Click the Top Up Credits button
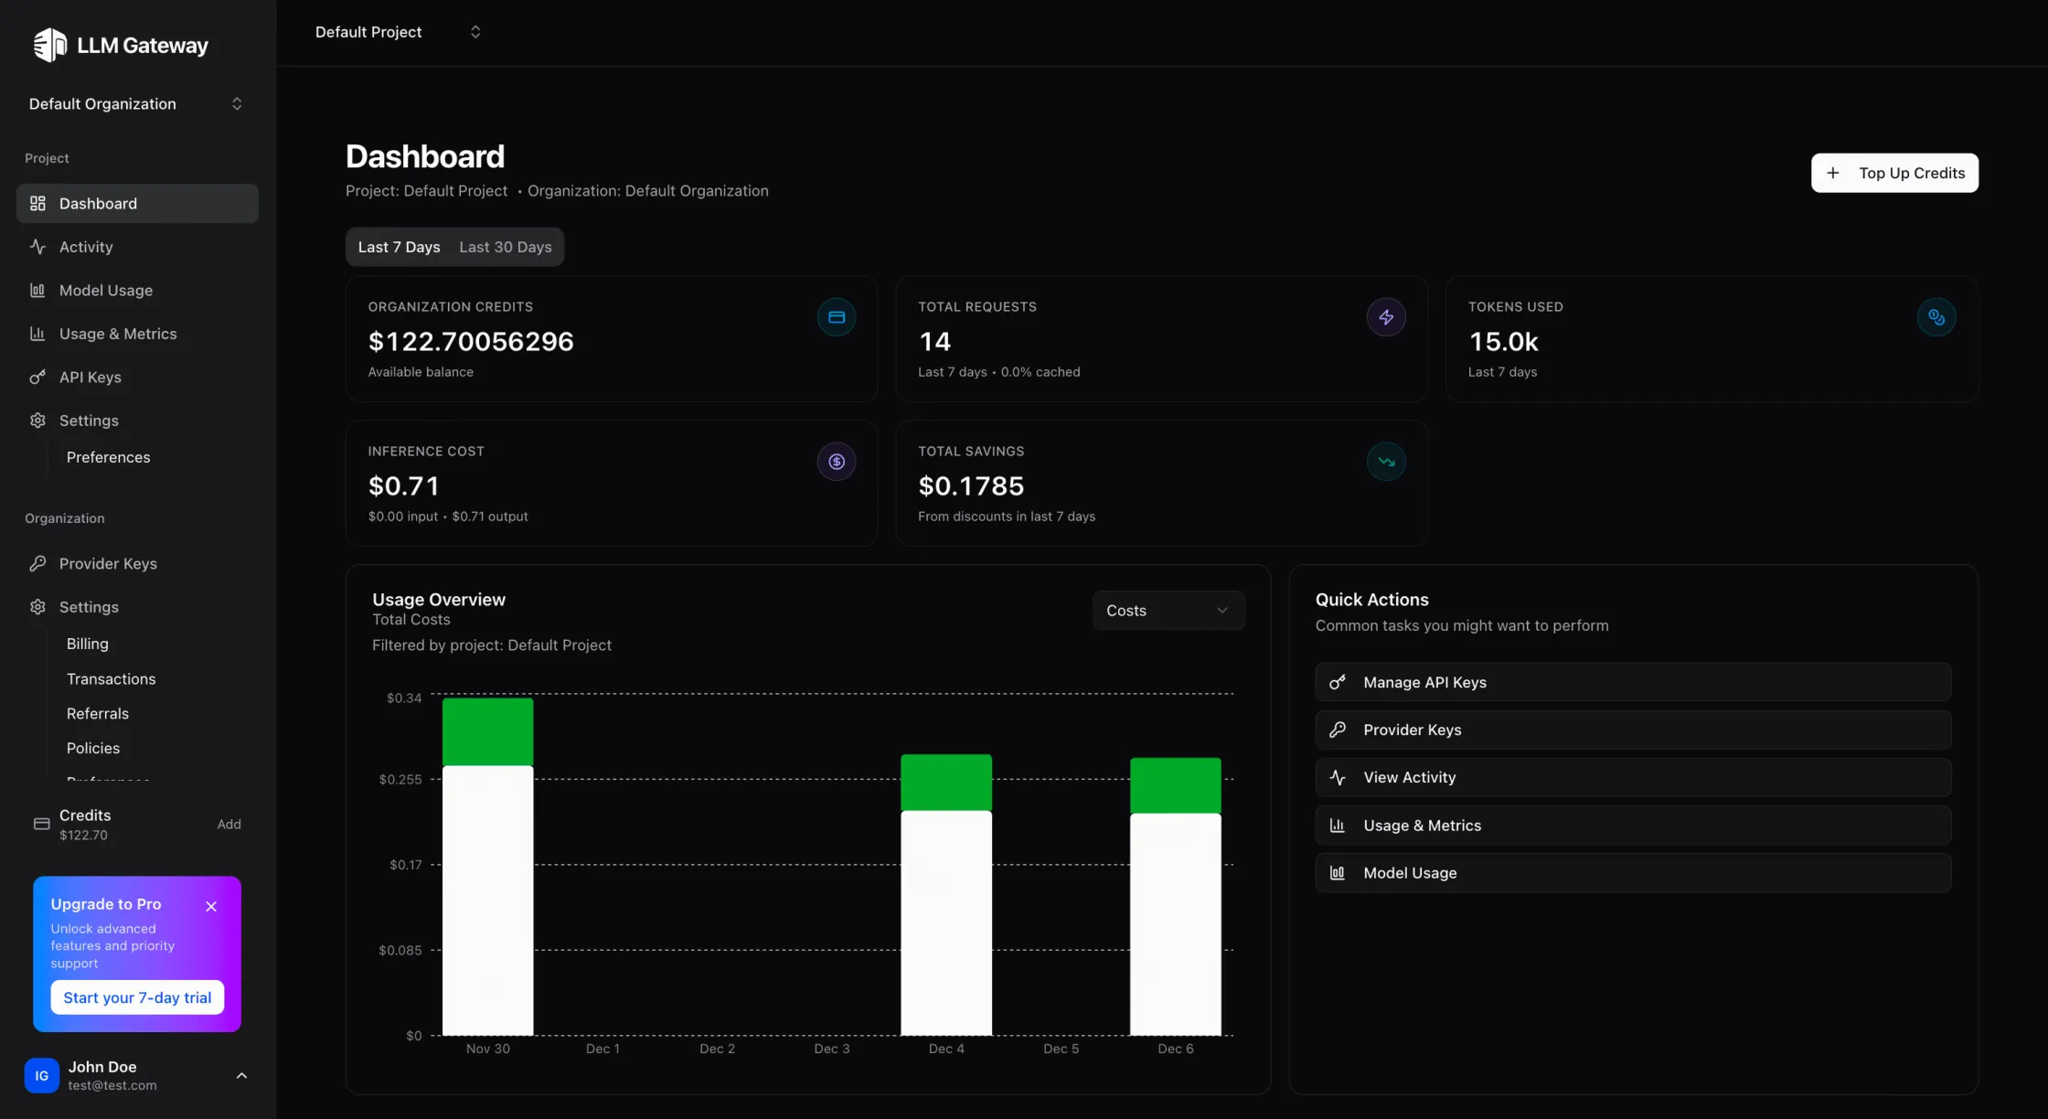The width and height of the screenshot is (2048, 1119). pos(1894,173)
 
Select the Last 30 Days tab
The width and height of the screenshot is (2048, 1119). pos(505,247)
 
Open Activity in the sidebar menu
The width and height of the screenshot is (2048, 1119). pos(86,247)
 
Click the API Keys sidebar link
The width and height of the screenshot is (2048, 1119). pos(90,377)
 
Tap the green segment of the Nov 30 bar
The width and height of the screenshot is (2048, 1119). pos(487,731)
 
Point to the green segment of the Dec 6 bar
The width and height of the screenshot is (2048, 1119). pos(1175,785)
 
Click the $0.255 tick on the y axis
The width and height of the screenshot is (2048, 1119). pos(400,779)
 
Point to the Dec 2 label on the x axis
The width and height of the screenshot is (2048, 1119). pos(717,1049)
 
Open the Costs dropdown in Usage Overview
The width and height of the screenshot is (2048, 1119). pos(1168,610)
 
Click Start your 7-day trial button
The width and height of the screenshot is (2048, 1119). pos(137,997)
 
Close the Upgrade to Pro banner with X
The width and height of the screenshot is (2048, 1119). pos(211,906)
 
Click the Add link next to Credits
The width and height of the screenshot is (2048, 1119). pos(229,824)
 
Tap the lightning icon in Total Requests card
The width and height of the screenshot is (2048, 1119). pos(1386,317)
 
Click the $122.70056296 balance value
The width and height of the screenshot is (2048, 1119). pos(470,341)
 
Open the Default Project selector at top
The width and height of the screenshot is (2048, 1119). pos(397,32)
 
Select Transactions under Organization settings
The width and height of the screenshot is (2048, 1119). pos(111,678)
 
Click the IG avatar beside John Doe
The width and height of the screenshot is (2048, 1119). pos(41,1075)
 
